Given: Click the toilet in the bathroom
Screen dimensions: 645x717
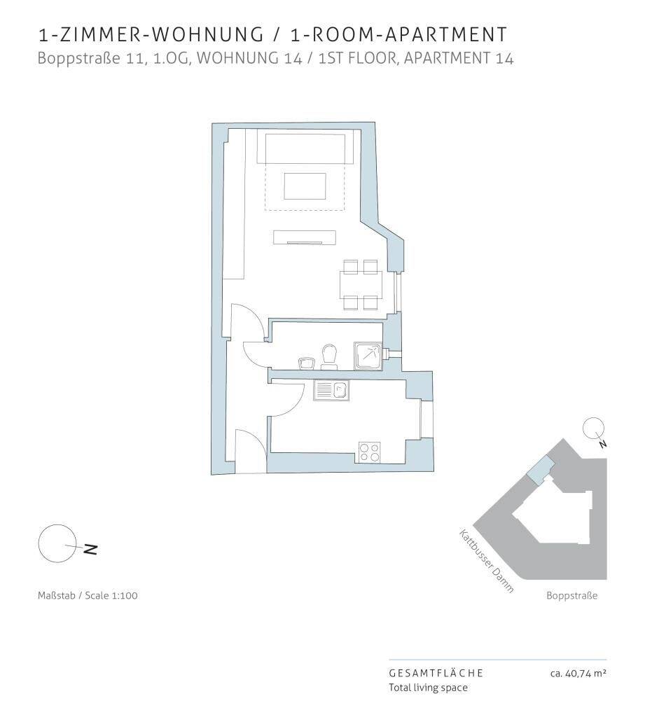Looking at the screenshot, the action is [x=329, y=356].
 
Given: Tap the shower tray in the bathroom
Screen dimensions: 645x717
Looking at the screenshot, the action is [x=368, y=356].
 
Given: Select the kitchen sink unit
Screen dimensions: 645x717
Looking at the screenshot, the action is [x=331, y=391].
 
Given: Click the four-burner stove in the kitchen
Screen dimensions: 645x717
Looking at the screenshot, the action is [x=369, y=452].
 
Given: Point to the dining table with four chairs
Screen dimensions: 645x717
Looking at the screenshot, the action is [x=361, y=284].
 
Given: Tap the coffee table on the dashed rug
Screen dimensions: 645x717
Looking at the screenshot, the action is [x=305, y=186].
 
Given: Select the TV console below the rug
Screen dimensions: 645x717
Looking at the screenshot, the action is [x=304, y=238].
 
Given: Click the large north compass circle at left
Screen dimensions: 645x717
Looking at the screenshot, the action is [x=57, y=543].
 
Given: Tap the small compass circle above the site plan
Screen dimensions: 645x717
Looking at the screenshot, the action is [x=593, y=429].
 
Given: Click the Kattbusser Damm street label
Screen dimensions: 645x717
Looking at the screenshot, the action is [x=487, y=561].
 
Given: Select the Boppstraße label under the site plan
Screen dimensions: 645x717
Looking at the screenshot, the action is [x=571, y=595].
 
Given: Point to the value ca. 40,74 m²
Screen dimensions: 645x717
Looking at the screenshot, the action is [x=578, y=673].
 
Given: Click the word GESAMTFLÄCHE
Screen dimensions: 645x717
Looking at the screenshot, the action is [x=436, y=673].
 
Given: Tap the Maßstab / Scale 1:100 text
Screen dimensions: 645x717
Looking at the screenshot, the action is [x=88, y=595].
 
